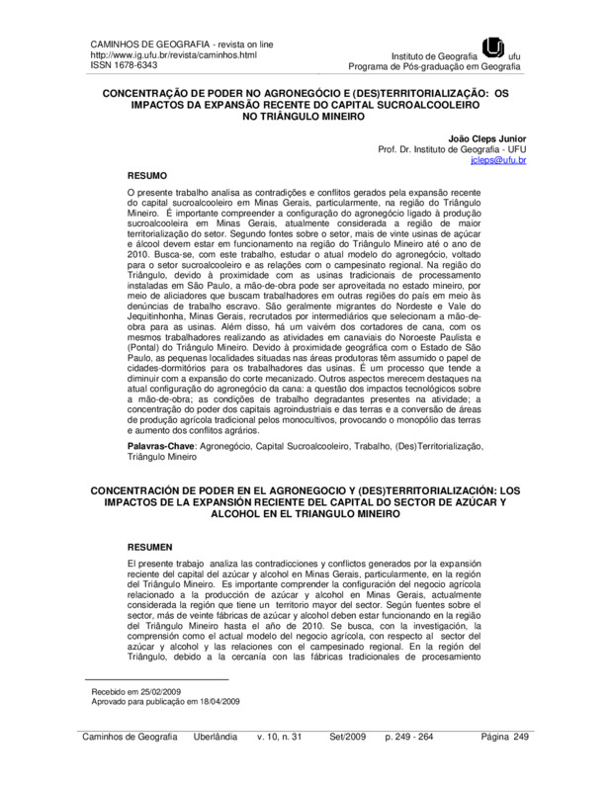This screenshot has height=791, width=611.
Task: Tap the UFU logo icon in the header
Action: (492, 45)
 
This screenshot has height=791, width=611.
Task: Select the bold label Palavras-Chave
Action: (163, 447)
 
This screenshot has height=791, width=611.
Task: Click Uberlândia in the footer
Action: (204, 766)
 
